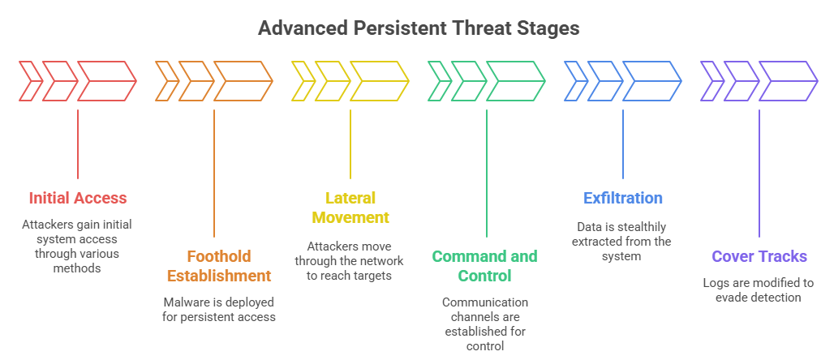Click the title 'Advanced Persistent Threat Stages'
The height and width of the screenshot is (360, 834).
coord(418,28)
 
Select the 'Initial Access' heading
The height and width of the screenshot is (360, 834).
coord(78,198)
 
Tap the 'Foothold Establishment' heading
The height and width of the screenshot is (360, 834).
coord(219,266)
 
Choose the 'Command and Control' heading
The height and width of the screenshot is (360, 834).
coord(484,266)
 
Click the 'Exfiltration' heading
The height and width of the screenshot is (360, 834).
coord(623,198)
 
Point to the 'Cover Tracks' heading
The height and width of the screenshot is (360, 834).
coord(759,256)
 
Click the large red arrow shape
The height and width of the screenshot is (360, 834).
coord(107,81)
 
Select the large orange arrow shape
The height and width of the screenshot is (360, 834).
coord(243,81)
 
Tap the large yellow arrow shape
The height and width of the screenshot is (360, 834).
coord(380,81)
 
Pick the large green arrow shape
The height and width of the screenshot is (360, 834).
coord(516,81)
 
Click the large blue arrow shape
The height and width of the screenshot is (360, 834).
coord(652,81)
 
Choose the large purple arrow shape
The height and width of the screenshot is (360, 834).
coord(789,81)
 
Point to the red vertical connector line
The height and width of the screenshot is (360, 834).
coord(78,144)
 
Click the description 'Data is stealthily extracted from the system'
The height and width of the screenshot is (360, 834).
coord(623,242)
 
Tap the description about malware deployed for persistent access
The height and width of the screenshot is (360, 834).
coord(219,309)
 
